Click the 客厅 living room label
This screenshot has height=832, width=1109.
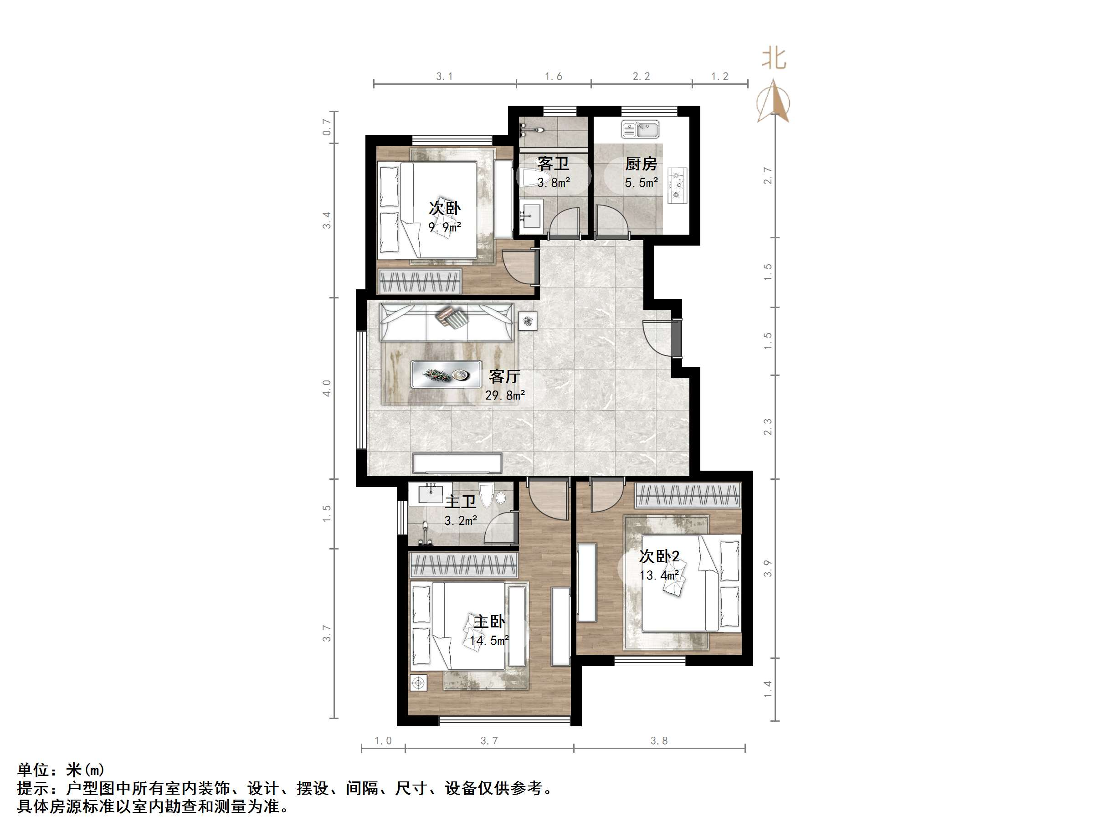(504, 376)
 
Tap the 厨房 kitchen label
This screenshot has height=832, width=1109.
(641, 164)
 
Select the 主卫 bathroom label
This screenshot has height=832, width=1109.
(460, 502)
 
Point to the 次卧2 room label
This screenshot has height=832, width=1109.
(659, 556)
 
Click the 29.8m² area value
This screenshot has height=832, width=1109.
(504, 395)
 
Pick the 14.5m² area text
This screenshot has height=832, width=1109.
(489, 641)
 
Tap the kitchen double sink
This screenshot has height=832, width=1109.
(640, 129)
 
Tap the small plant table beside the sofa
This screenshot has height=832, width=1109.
(528, 321)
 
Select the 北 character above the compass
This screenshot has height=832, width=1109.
(774, 59)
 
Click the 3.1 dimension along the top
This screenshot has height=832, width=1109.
(444, 77)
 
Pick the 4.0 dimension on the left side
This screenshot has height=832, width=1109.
(327, 388)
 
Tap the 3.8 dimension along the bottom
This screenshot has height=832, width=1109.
(659, 741)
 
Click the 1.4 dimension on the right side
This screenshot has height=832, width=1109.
(767, 688)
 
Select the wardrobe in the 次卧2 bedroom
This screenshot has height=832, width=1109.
(688, 495)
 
